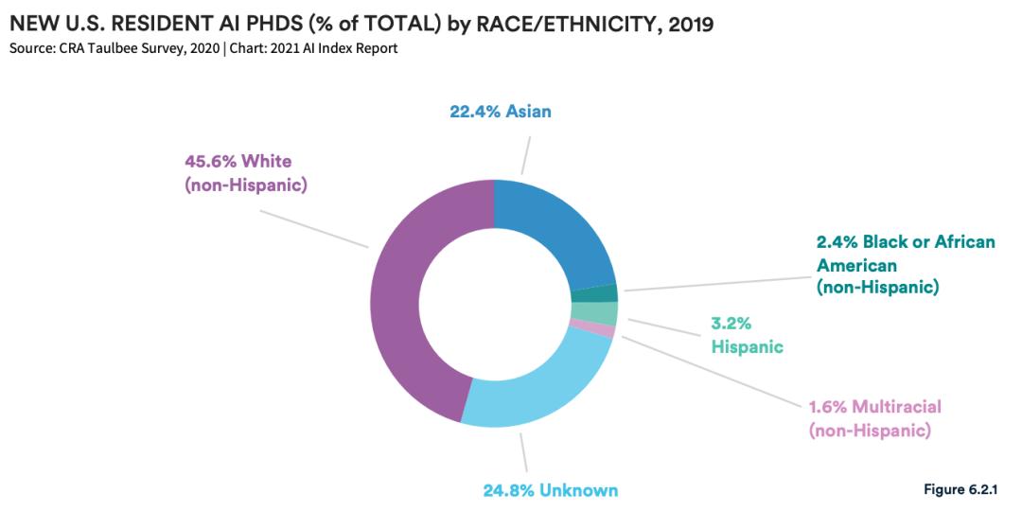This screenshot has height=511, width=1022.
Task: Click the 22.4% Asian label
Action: pos(500,112)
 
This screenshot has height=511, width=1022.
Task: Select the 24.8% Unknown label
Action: pos(550,490)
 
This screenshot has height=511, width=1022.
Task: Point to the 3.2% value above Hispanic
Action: pos(731,323)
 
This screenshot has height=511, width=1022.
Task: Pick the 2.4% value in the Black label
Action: pos(837,242)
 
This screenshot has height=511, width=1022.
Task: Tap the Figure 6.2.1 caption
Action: pos(960,488)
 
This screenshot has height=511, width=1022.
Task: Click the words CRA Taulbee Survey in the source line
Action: pos(111,48)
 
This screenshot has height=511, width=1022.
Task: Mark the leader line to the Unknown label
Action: pos(523,452)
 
